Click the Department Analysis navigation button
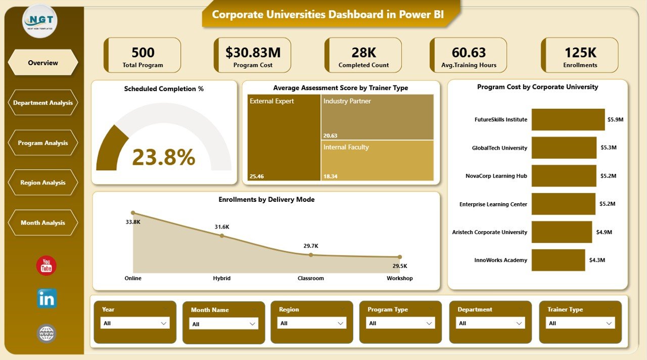[x=43, y=103]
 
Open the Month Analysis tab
[x=43, y=222]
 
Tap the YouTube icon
[x=47, y=265]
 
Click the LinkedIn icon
[x=47, y=298]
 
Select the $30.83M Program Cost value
[x=253, y=53]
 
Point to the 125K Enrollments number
[x=580, y=53]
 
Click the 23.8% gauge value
[x=163, y=157]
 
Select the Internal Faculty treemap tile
[x=378, y=160]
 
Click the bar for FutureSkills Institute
[x=568, y=120]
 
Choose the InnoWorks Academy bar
[x=558, y=260]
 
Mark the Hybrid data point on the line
[x=222, y=236]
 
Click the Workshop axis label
[x=400, y=278]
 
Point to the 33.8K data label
[x=133, y=221]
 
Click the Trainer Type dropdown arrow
[x=609, y=323]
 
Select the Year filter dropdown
[x=135, y=323]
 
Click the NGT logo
[x=40, y=21]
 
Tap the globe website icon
[x=47, y=334]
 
